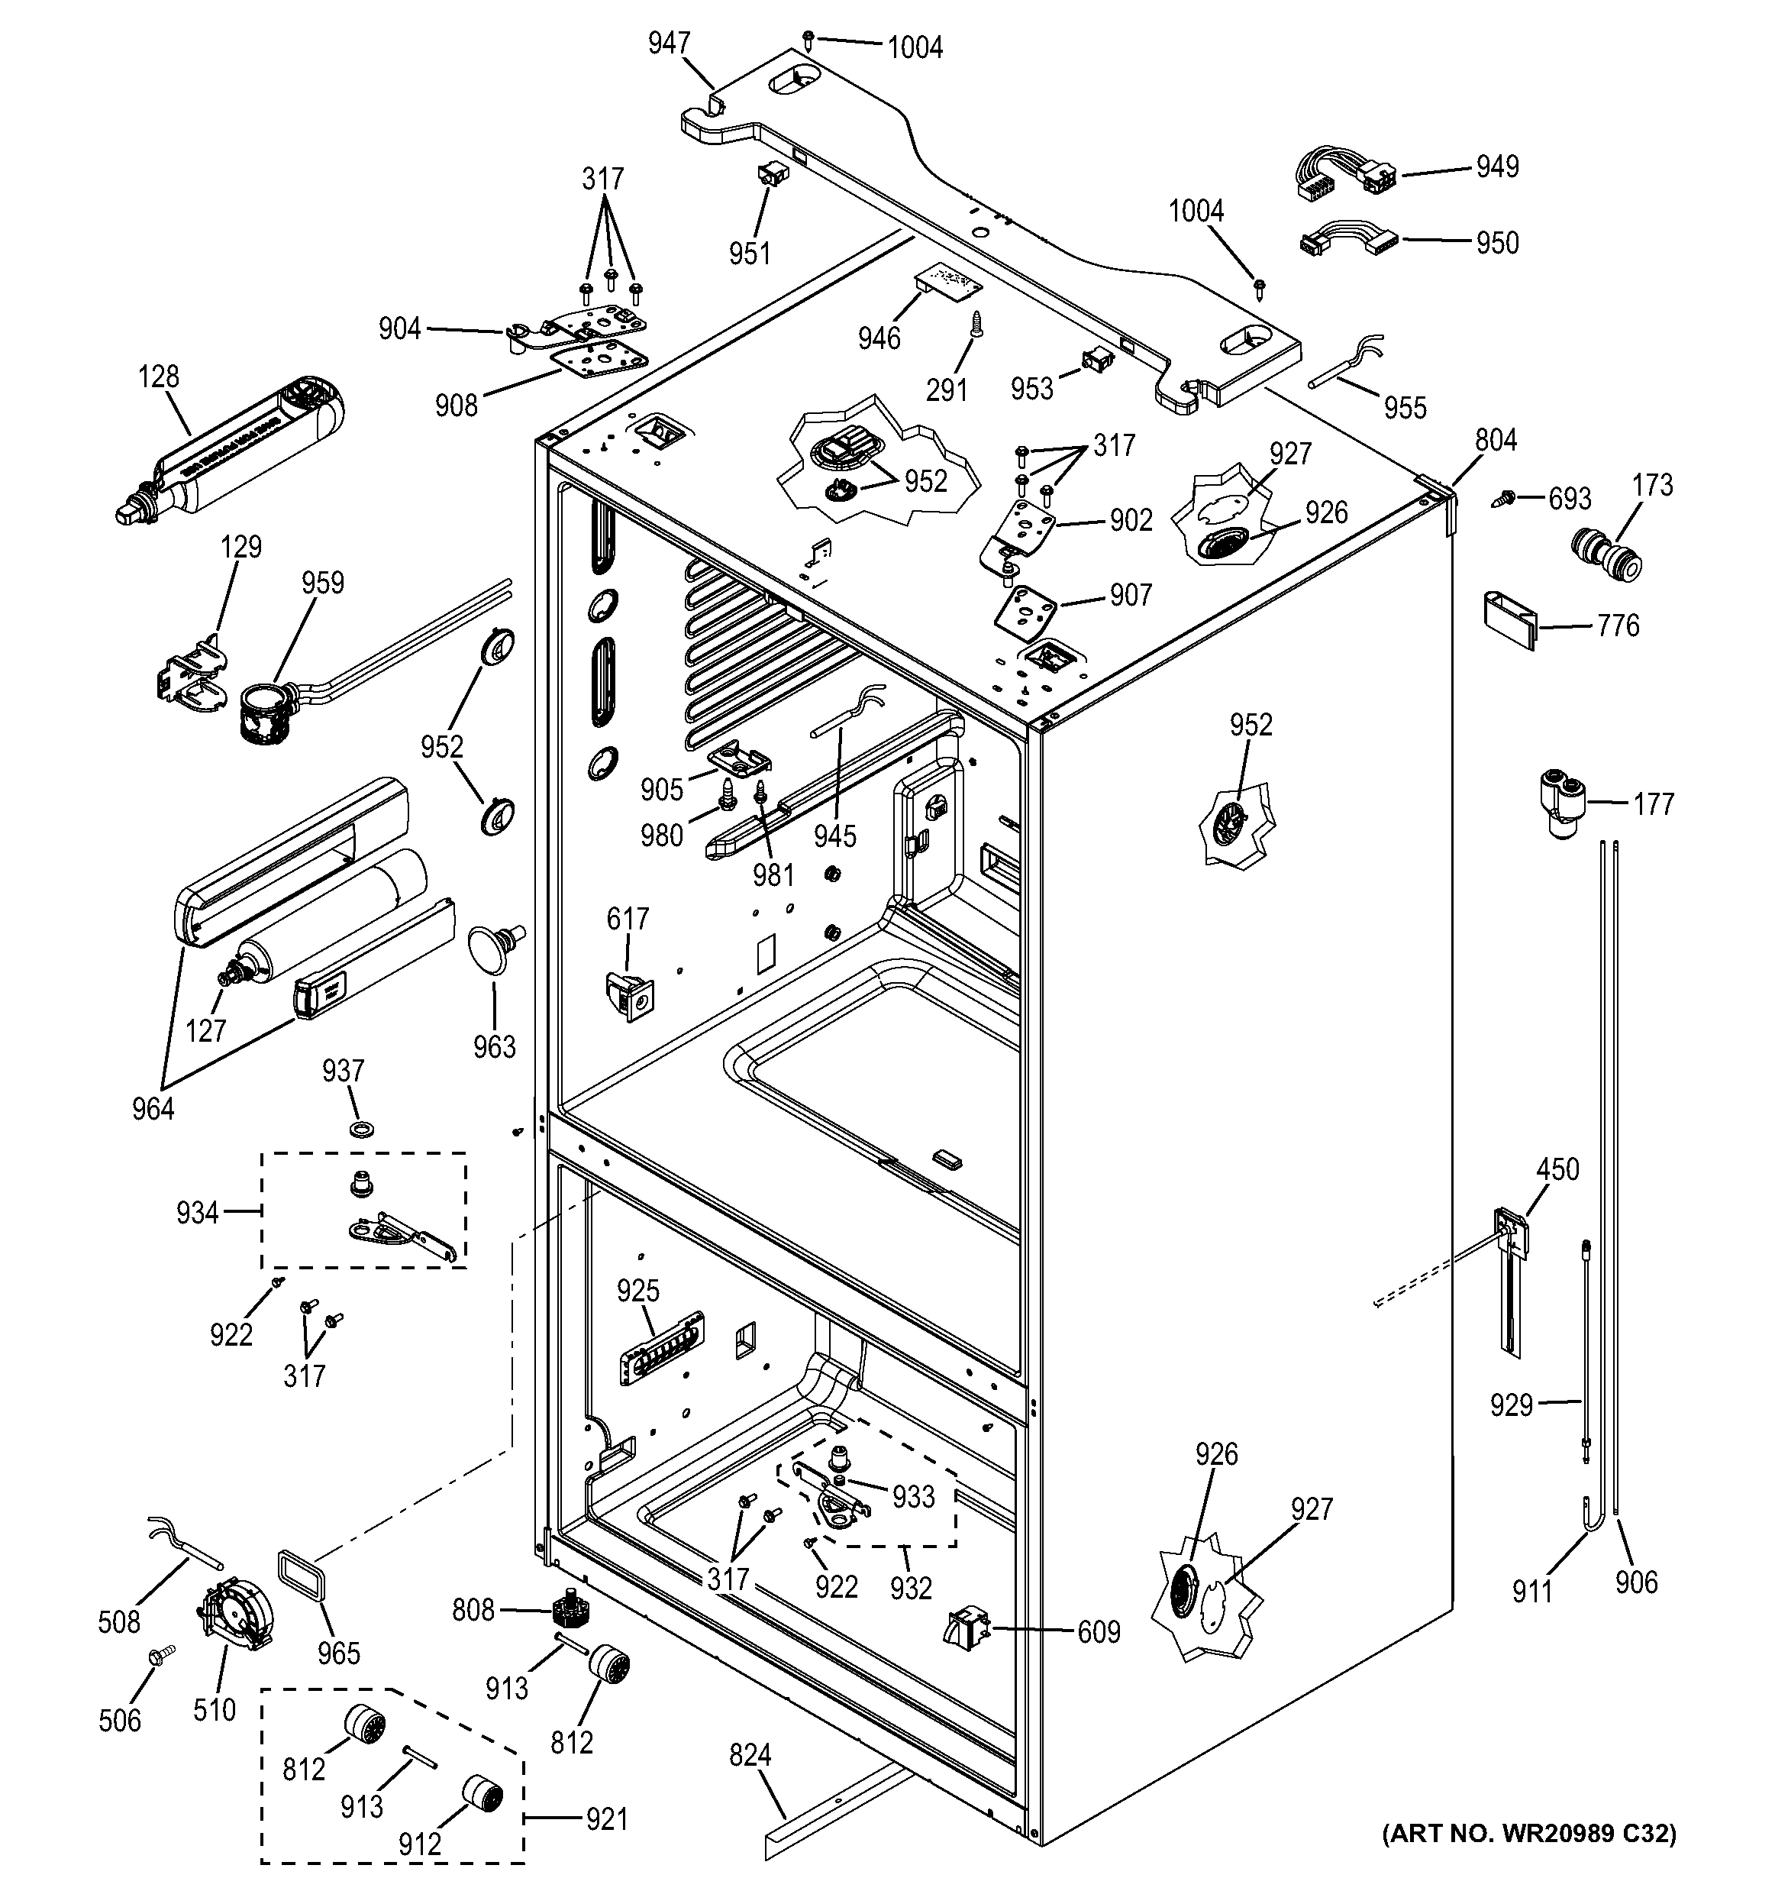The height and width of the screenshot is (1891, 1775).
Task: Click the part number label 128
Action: pos(159,377)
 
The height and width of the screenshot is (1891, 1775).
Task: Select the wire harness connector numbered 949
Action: pos(1344,175)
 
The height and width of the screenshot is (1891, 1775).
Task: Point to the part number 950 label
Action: pos(1496,244)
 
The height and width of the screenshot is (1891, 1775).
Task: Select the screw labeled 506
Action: pos(159,1656)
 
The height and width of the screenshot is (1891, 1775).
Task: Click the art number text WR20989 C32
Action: pos(1528,1833)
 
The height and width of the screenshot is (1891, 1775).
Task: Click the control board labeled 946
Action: pos(947,280)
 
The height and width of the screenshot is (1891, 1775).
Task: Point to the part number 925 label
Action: pos(637,1291)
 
